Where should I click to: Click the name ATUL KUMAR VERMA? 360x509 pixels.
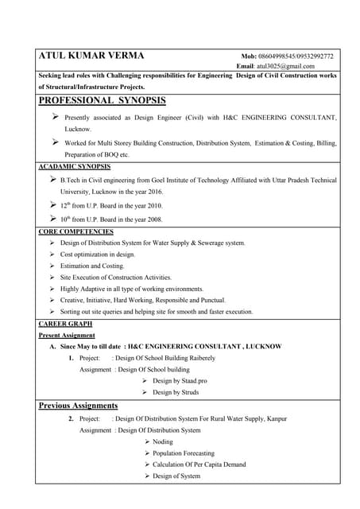[x=91, y=56]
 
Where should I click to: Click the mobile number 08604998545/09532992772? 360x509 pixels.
[x=297, y=56]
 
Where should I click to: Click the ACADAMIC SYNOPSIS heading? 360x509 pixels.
[x=74, y=167]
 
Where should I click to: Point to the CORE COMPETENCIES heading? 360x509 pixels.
[x=75, y=231]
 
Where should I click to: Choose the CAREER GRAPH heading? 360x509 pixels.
[x=65, y=324]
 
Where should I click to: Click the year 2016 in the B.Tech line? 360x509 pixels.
[x=151, y=192]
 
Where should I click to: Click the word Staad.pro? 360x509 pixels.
[x=192, y=381]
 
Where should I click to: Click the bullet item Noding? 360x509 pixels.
[x=162, y=441]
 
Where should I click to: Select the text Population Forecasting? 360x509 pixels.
[x=184, y=453]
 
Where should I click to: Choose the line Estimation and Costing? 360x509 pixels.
[x=92, y=266]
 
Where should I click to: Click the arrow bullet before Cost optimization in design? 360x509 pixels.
[x=52, y=254]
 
